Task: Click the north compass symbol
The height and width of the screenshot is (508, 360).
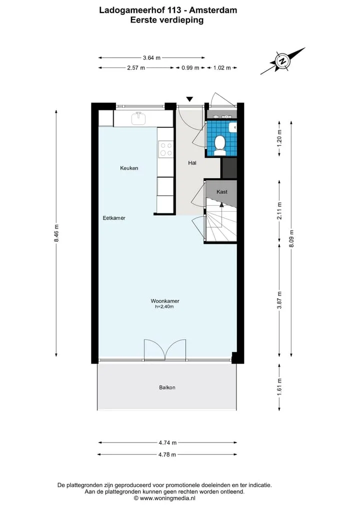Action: click(282, 61)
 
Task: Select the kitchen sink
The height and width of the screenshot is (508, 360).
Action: click(139, 118)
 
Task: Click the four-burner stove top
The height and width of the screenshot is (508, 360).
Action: click(165, 149)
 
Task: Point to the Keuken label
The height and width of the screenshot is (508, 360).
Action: click(129, 168)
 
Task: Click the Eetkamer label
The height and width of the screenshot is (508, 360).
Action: click(114, 218)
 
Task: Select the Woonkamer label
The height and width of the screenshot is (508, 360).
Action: click(165, 301)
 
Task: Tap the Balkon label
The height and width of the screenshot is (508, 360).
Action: click(167, 388)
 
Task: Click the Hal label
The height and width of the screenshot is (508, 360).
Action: click(192, 163)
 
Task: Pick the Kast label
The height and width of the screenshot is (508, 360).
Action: click(222, 192)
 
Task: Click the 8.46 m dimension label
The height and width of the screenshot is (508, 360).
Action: click(56, 233)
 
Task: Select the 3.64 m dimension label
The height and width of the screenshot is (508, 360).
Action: click(152, 58)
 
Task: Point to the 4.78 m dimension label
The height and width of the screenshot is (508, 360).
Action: click(167, 455)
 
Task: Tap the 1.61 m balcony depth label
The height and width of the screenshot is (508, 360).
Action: click(279, 387)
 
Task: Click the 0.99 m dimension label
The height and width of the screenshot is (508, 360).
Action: click(190, 68)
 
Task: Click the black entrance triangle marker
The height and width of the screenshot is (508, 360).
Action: click(189, 99)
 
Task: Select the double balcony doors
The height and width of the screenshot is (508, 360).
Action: click(165, 350)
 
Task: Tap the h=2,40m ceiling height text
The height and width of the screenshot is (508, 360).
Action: click(164, 307)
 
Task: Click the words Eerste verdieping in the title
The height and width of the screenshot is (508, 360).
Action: click(167, 20)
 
